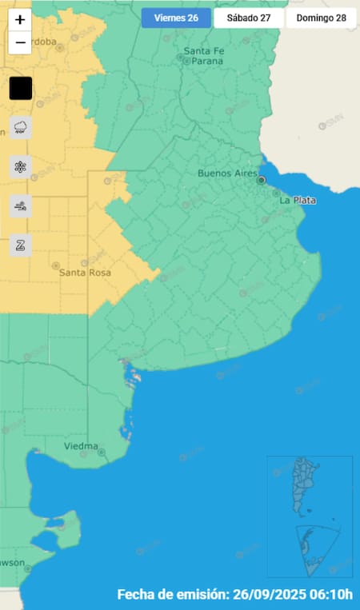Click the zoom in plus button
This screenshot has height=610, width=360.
[x=20, y=21]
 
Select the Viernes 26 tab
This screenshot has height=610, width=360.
[x=176, y=18]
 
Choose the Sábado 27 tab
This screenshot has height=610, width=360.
[x=248, y=18]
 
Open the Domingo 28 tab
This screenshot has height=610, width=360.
[x=321, y=18]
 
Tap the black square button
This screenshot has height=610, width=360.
[x=21, y=88]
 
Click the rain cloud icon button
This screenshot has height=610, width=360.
[x=21, y=127]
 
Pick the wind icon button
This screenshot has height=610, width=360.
[x=21, y=206]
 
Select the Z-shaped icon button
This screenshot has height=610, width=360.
[x=21, y=245]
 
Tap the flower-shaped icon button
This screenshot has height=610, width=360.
[x=21, y=167]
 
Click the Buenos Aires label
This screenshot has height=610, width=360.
[x=225, y=173]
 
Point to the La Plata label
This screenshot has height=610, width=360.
[x=298, y=200]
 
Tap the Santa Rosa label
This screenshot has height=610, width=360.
[x=85, y=273]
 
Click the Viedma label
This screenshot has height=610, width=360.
[x=81, y=446]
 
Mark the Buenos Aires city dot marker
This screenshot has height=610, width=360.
[x=261, y=181]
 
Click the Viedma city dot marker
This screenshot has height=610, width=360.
[x=102, y=453]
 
